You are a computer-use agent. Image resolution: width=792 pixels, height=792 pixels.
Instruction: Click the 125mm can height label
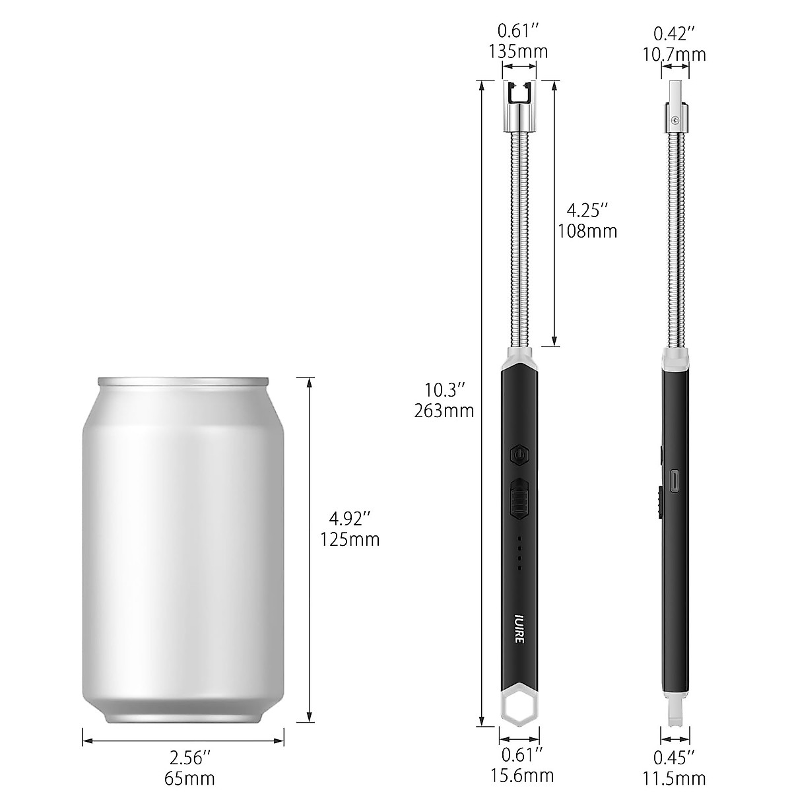pyautogui.click(x=350, y=539)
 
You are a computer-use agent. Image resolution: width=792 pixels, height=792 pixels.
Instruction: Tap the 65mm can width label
pyautogui.click(x=189, y=778)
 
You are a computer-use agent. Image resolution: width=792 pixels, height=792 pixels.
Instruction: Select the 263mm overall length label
pyautogui.click(x=444, y=411)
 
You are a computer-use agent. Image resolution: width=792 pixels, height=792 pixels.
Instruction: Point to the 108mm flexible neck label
pyautogui.click(x=587, y=231)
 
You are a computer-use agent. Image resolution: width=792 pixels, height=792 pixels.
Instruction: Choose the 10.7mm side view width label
pyautogui.click(x=675, y=54)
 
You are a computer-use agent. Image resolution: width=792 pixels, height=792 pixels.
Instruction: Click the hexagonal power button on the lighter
pyautogui.click(x=519, y=455)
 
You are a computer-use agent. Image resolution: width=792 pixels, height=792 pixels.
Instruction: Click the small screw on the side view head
pyautogui.click(x=675, y=120)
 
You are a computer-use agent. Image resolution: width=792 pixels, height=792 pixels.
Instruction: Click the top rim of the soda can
pyautogui.click(x=183, y=381)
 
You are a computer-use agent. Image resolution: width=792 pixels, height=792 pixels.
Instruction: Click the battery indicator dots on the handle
pyautogui.click(x=519, y=553)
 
